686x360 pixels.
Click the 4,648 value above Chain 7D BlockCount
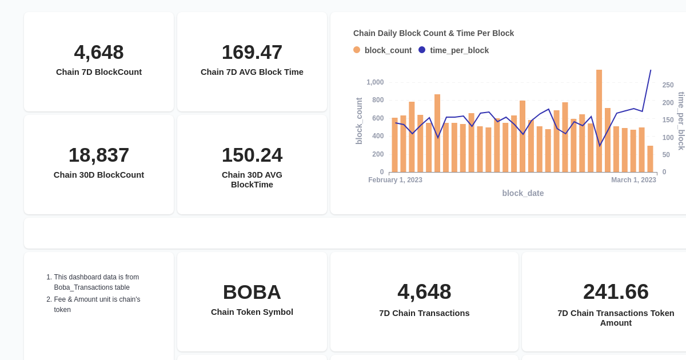click(99, 52)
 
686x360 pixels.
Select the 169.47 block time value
click(252, 52)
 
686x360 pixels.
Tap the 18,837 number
click(99, 155)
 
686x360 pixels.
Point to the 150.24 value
click(252, 155)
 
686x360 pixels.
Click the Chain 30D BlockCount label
click(99, 175)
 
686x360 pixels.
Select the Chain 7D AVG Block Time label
click(252, 72)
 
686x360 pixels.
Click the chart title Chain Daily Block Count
click(433, 33)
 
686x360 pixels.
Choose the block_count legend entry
click(382, 50)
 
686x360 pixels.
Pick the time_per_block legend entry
click(454, 50)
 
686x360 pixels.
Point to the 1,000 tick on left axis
click(375, 82)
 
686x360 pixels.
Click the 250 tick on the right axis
click(668, 85)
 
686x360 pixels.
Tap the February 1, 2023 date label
click(395, 180)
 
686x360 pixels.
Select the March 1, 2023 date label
click(633, 180)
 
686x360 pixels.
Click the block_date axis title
click(523, 193)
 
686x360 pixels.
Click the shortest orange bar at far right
click(650, 159)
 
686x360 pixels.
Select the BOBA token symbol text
click(252, 292)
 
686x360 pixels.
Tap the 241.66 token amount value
click(616, 291)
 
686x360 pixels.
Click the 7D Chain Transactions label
click(424, 313)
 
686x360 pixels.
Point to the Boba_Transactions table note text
click(91, 287)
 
